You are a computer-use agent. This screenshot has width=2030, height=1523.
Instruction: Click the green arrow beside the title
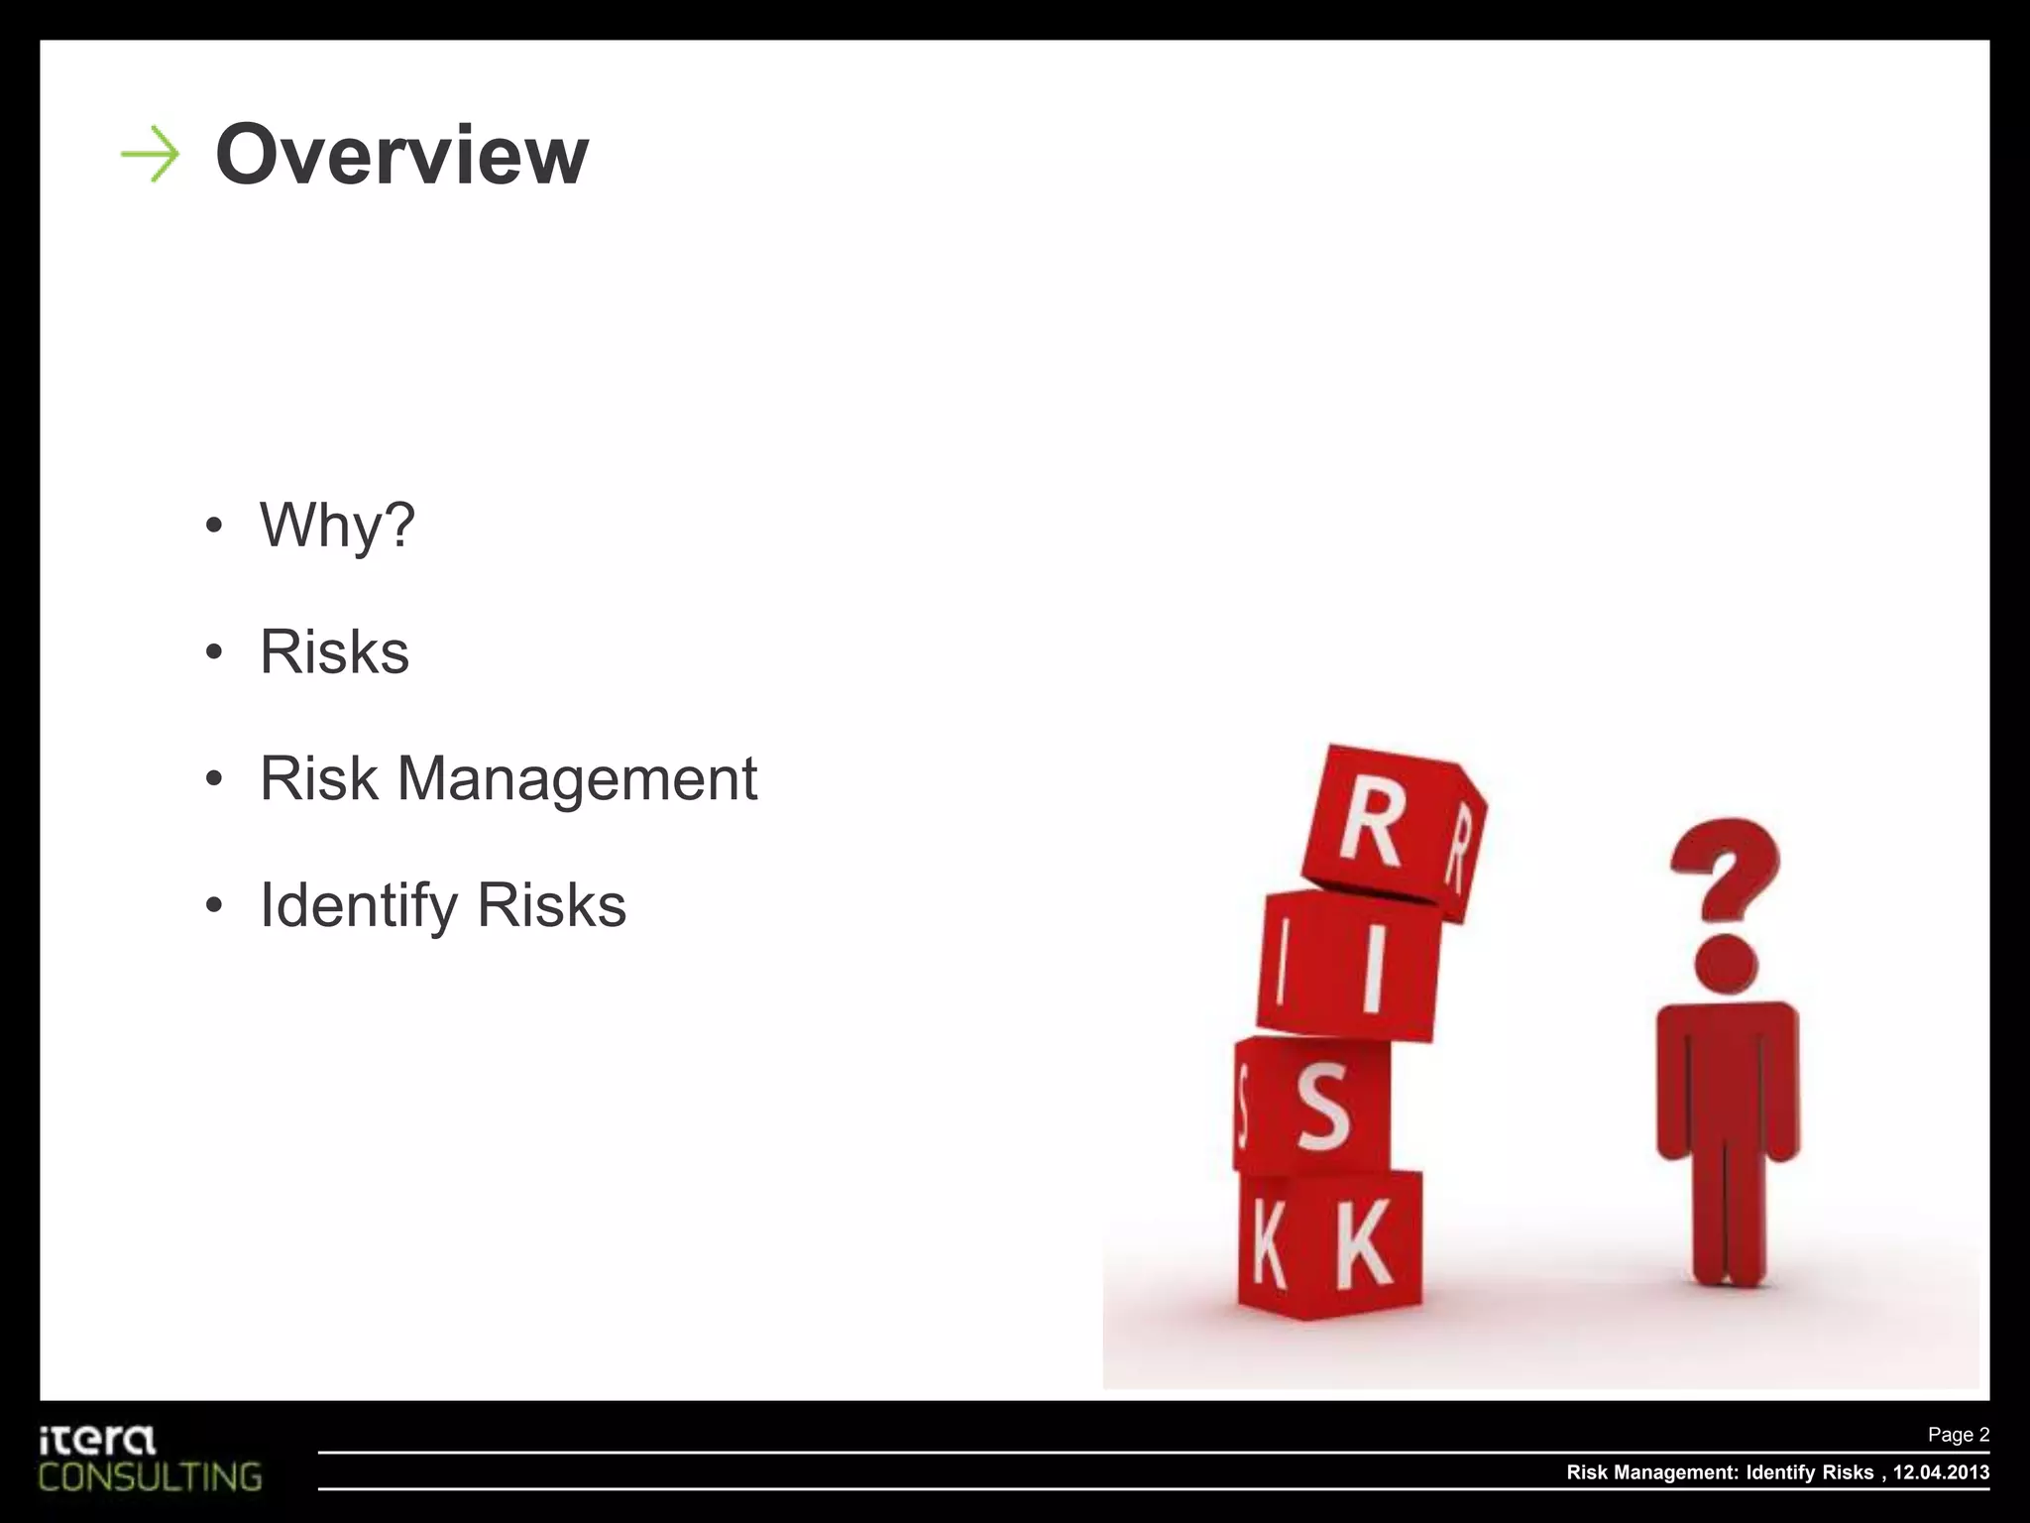pyautogui.click(x=150, y=155)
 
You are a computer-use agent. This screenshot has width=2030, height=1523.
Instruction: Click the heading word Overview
pyautogui.click(x=401, y=155)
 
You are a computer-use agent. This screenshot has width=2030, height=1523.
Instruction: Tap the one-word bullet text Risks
pyautogui.click(x=334, y=651)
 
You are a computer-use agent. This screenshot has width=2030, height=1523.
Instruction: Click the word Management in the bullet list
pyautogui.click(x=577, y=778)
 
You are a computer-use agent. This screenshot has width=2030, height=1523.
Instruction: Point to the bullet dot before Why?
pyautogui.click(x=214, y=526)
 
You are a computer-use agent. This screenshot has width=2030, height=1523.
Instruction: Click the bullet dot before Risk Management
pyautogui.click(x=214, y=779)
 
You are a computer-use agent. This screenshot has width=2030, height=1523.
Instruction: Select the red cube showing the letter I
pyautogui.click(x=1348, y=964)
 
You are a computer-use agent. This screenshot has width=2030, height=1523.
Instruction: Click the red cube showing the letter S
pyautogui.click(x=1313, y=1106)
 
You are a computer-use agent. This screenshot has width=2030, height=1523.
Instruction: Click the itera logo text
pyautogui.click(x=98, y=1440)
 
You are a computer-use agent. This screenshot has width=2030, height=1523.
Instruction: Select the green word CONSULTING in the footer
pyautogui.click(x=151, y=1477)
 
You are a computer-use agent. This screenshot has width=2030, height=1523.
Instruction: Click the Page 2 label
pyautogui.click(x=1958, y=1435)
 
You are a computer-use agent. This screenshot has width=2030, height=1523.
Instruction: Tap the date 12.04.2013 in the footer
pyautogui.click(x=1941, y=1472)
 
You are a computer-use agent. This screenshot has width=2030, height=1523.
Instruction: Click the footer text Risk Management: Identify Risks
pyautogui.click(x=1720, y=1472)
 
